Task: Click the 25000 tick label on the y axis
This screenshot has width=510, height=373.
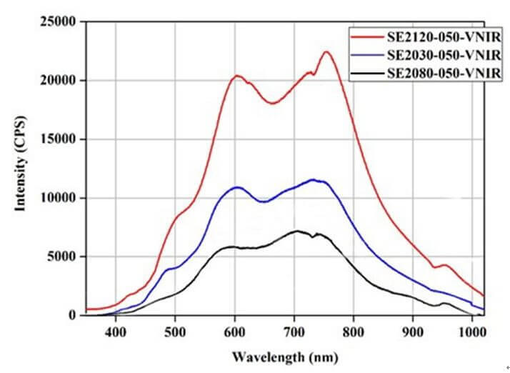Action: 57,22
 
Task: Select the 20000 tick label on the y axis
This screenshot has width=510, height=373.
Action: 57,81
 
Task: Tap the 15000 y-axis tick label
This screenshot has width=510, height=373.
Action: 57,139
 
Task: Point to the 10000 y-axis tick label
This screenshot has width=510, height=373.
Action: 57,198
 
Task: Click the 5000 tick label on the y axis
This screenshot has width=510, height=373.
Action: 61,257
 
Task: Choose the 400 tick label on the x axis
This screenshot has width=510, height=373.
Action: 115,331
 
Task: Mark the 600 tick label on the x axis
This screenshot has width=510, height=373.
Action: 234,331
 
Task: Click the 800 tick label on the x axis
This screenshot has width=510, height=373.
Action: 354,331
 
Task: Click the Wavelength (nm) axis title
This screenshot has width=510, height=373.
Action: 294,356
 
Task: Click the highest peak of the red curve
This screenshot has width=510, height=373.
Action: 326,51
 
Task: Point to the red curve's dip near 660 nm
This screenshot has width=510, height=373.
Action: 272,103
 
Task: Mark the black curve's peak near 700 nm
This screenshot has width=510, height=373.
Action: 296,231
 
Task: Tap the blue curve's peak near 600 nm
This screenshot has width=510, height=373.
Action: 237,187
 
